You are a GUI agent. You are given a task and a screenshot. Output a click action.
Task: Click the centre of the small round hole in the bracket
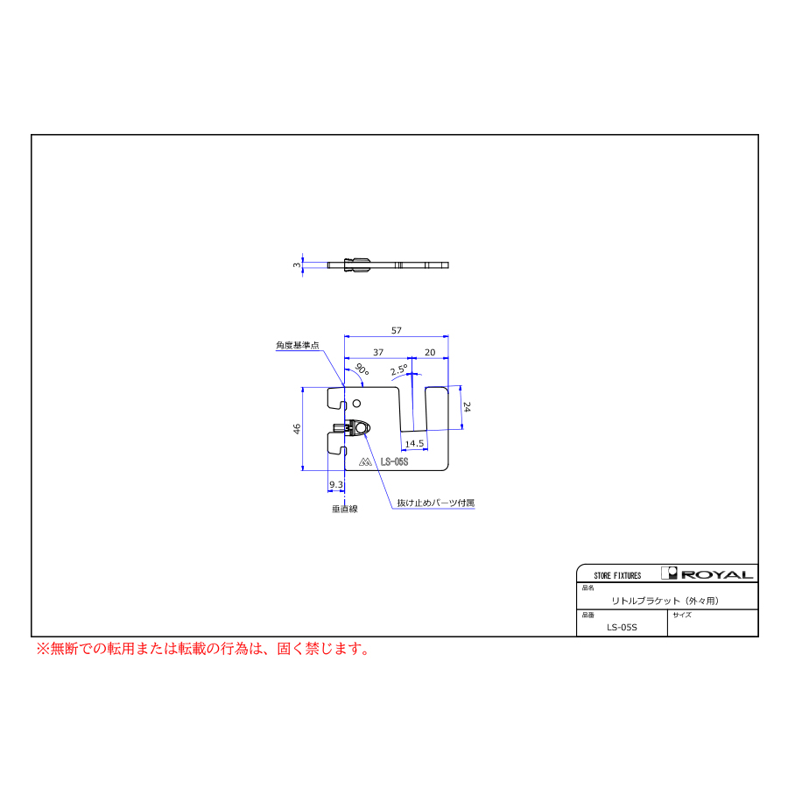coord(357,403)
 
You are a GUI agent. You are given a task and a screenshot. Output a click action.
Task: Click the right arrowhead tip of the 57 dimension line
coord(447,337)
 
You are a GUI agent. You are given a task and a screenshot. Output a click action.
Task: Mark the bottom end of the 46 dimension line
coord(303,470)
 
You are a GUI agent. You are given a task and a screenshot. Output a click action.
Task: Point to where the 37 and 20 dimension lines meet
coord(412,358)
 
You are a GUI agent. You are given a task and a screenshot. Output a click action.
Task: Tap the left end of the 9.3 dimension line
coord(327,491)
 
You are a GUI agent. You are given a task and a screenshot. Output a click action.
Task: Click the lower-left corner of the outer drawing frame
coord(32,637)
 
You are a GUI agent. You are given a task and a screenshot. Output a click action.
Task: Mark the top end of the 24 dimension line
coord(461,386)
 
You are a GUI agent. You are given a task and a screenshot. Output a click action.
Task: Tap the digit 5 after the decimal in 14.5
coord(420,444)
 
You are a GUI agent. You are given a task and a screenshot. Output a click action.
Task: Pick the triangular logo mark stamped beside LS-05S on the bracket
coord(365,461)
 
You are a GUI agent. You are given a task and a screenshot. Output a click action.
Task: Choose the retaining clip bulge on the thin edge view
coord(357,264)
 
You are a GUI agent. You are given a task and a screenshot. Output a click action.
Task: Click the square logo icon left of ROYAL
coord(669,573)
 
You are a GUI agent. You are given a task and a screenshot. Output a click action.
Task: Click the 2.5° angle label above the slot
coord(399,369)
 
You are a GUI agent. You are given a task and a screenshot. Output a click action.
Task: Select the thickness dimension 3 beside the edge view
coord(297,264)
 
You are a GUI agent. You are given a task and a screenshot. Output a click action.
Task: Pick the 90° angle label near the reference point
coord(362,369)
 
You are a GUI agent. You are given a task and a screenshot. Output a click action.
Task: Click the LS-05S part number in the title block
coord(622,627)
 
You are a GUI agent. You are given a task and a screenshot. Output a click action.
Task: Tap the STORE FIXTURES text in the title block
coord(617,575)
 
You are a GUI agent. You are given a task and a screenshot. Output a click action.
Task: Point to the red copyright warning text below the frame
coord(203,649)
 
